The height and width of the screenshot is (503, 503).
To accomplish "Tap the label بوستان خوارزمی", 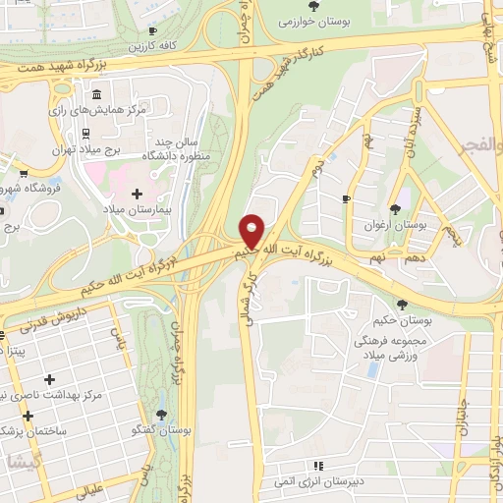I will pos(314,20).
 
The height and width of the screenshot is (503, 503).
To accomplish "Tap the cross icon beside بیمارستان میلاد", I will pos(137,193).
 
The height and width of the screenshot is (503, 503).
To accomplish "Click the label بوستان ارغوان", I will pos(394,224).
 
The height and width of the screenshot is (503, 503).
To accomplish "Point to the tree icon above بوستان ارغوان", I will pos(394,209).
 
